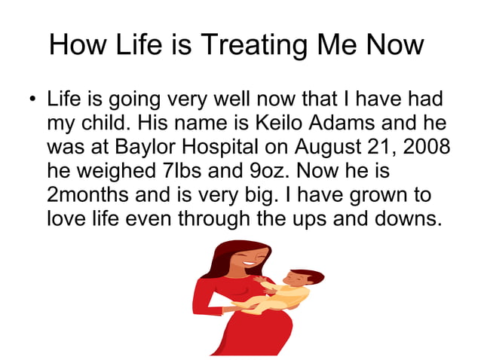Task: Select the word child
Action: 106,122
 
